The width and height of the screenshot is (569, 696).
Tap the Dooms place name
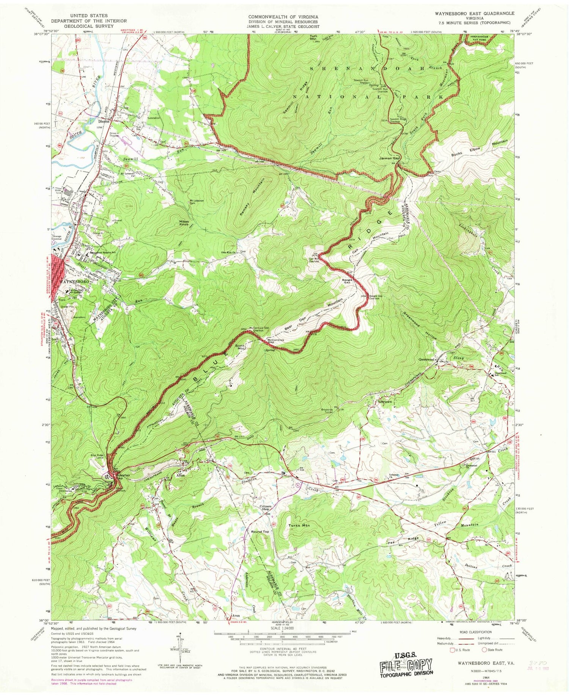pyautogui.click(x=104, y=122)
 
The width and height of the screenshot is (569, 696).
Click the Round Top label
pyautogui.click(x=260, y=532)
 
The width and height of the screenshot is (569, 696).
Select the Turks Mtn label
pyautogui.click(x=300, y=526)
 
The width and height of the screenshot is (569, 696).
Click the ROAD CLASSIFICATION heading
pyautogui.click(x=469, y=632)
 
